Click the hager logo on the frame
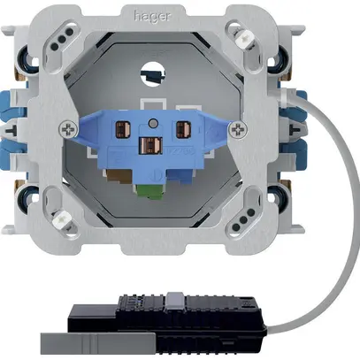(x=152, y=16)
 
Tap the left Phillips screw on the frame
(x=68, y=129)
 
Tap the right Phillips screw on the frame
(x=238, y=129)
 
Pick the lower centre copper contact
(x=150, y=145)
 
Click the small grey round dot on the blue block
(x=153, y=123)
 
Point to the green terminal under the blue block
(x=151, y=192)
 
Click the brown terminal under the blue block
(x=119, y=176)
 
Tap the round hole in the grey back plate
(x=153, y=73)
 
